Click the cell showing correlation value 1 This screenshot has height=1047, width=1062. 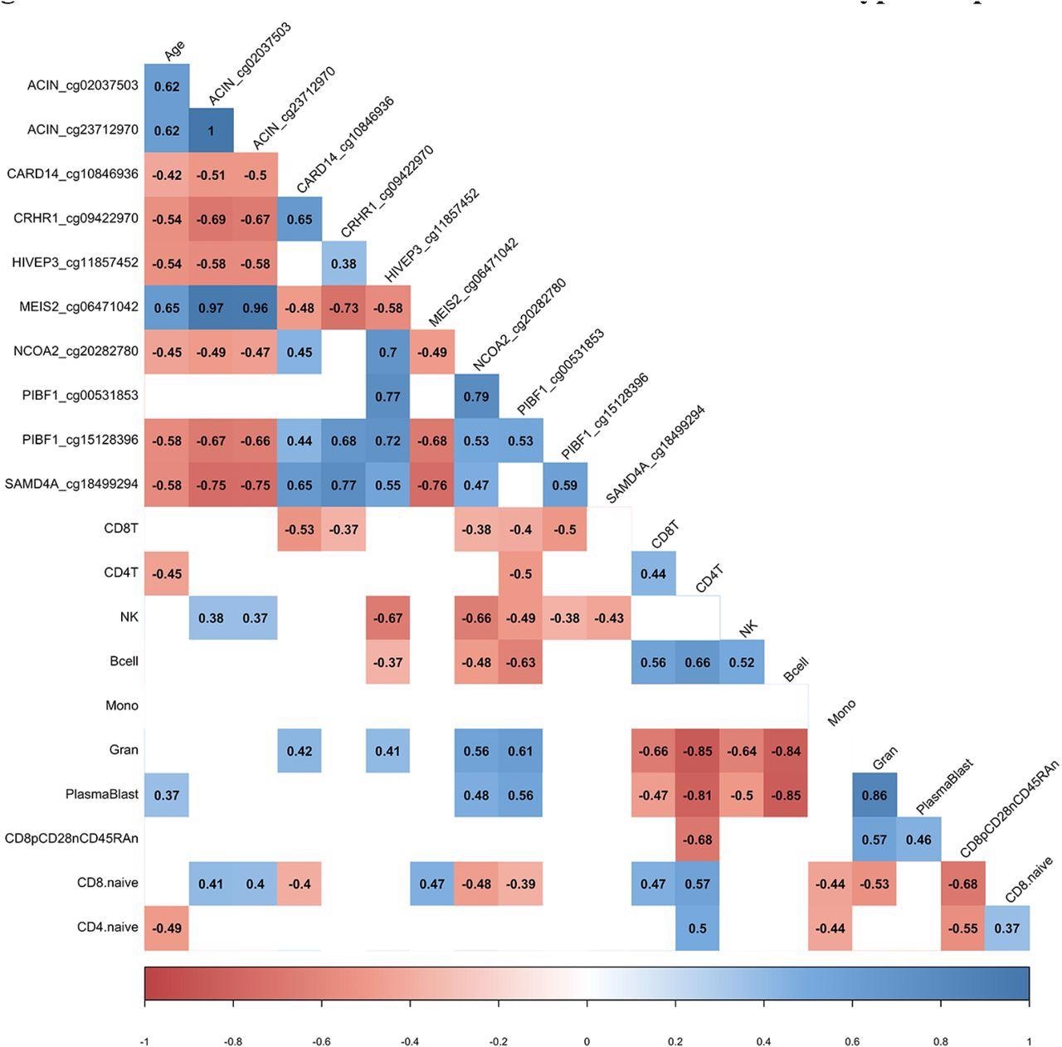(211, 131)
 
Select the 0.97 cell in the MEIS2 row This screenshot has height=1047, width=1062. (211, 308)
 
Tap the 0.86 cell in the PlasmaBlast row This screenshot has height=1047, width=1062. (874, 795)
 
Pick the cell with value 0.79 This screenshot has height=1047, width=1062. (476, 397)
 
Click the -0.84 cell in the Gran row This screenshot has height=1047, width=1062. (786, 751)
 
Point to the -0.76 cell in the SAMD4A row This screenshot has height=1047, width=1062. (432, 485)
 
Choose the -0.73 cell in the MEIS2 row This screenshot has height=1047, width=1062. (343, 308)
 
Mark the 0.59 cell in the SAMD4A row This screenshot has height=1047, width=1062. (565, 485)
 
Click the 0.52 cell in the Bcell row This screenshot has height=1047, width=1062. (742, 662)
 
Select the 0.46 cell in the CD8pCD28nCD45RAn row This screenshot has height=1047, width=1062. (918, 840)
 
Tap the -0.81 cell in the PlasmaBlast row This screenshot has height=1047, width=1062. (698, 795)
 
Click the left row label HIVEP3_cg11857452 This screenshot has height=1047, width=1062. (75, 263)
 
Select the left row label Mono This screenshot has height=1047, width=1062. (122, 705)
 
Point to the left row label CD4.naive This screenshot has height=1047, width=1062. (108, 927)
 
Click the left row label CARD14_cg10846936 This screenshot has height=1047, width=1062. (72, 174)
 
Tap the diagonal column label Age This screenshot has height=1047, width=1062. (175, 51)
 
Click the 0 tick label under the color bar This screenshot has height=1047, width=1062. (587, 1041)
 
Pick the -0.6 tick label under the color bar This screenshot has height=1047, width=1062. (321, 1041)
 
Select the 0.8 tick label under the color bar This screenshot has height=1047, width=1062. (941, 1041)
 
